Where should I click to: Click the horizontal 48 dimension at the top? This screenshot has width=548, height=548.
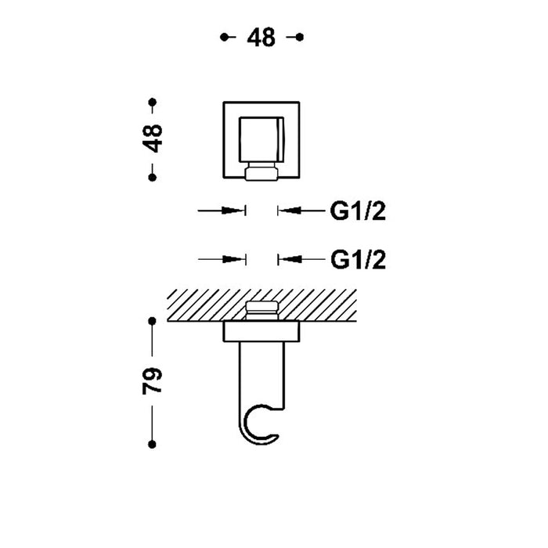click(x=261, y=38)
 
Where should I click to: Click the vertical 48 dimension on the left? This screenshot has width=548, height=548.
click(x=153, y=139)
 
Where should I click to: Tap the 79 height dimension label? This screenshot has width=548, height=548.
click(x=153, y=380)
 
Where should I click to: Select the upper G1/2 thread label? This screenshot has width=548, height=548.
click(x=358, y=211)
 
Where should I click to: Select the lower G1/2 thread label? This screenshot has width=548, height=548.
click(x=358, y=260)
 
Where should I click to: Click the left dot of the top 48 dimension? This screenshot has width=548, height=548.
click(x=224, y=37)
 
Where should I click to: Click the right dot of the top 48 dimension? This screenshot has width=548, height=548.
click(x=300, y=37)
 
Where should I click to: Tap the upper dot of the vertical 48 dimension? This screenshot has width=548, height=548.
click(x=153, y=102)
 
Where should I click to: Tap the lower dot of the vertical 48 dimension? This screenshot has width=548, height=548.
click(x=153, y=178)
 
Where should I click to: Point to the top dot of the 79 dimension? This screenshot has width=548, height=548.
click(x=152, y=321)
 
